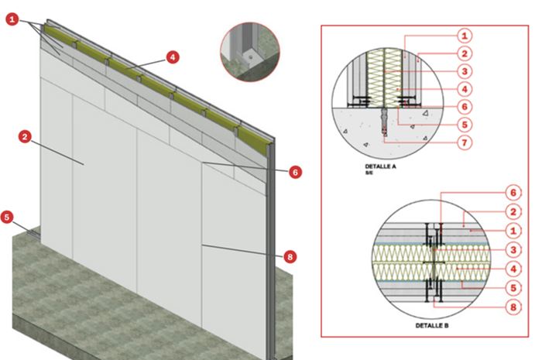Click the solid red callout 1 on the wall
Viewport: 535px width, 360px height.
(x=12, y=19)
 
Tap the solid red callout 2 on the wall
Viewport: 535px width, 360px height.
(x=25, y=137)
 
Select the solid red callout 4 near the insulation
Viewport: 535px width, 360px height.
(x=173, y=57)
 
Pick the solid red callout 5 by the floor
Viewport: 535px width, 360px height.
(x=7, y=217)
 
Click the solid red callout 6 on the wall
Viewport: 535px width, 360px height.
(x=296, y=172)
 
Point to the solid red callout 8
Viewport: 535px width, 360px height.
(x=290, y=256)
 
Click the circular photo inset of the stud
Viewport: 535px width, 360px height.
(x=250, y=52)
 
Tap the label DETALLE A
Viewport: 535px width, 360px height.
(x=380, y=166)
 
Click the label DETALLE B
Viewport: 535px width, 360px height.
(x=432, y=325)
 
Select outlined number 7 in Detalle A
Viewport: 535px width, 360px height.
(x=465, y=142)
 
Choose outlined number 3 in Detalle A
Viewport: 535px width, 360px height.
(x=465, y=71)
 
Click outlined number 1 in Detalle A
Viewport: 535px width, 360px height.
(x=465, y=36)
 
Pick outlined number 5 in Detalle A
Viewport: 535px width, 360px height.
(x=465, y=125)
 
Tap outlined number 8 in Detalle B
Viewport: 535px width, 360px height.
(x=513, y=307)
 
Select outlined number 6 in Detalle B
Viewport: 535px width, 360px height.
(x=513, y=193)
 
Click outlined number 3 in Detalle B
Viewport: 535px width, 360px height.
(x=513, y=250)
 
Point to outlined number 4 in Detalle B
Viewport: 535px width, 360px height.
(x=513, y=269)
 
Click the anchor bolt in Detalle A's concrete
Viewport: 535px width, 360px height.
(x=385, y=122)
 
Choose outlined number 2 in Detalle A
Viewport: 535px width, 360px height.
(x=465, y=53)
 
